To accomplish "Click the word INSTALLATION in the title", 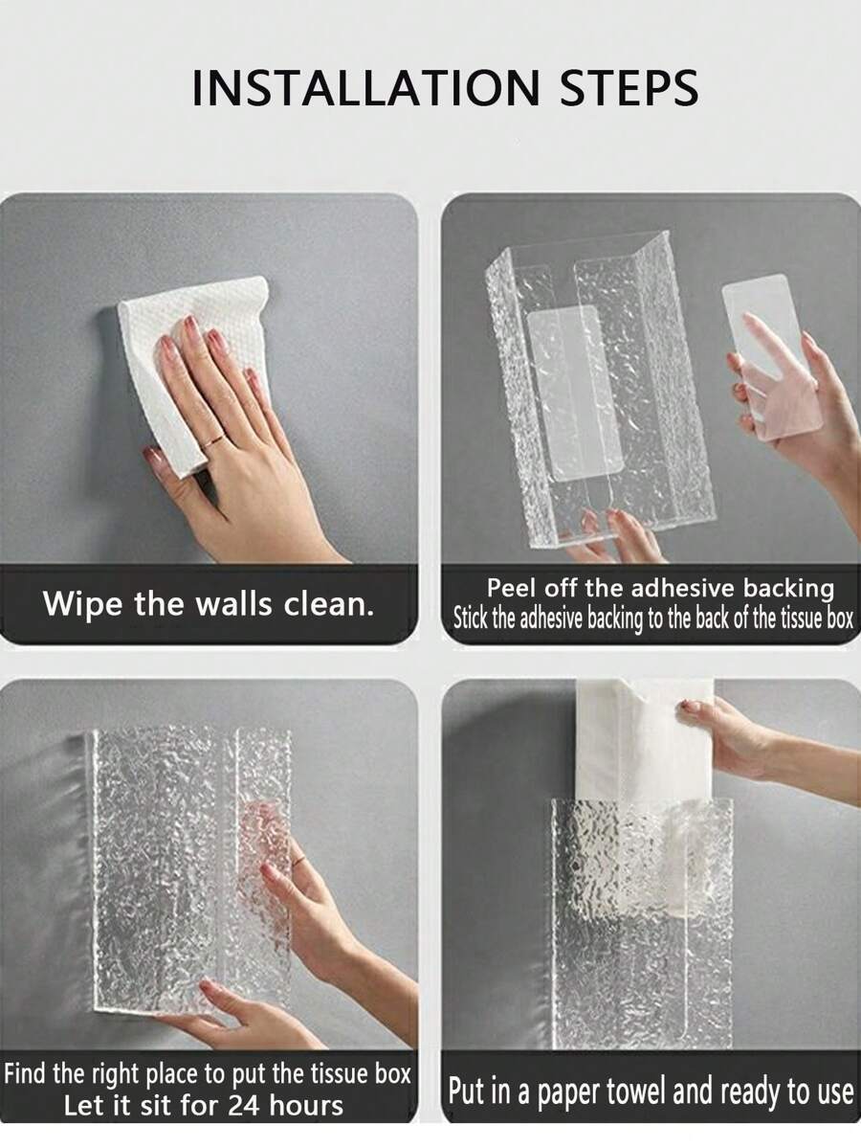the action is [x=365, y=88].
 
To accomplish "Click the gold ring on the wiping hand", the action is [x=217, y=440].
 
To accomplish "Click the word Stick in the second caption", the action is [x=471, y=618].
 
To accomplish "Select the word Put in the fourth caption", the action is [x=466, y=1091].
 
